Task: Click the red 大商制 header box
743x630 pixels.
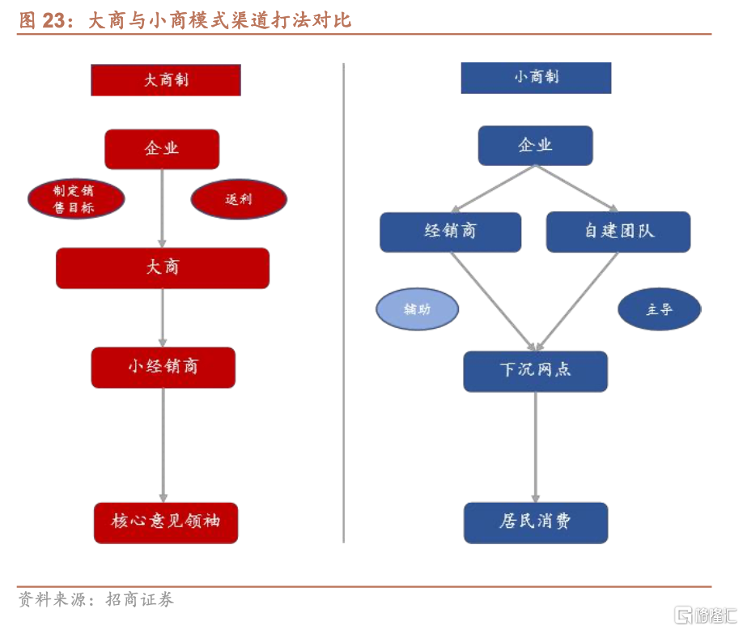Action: click(x=166, y=80)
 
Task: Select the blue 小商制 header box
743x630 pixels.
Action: click(x=536, y=78)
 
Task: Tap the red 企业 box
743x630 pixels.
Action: click(x=162, y=149)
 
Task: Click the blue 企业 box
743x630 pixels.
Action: click(x=535, y=146)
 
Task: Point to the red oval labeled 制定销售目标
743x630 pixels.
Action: click(x=76, y=199)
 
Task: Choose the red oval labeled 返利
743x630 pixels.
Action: click(x=239, y=199)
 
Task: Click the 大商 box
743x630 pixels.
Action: click(x=163, y=268)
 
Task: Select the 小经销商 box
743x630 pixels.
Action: click(x=163, y=367)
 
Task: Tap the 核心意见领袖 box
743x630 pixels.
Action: click(x=166, y=522)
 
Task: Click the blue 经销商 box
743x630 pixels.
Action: click(x=450, y=232)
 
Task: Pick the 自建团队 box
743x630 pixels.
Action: click(x=618, y=232)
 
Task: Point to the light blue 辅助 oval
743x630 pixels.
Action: click(x=417, y=309)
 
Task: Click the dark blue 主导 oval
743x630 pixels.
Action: click(x=659, y=309)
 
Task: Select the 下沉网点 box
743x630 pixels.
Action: click(x=535, y=371)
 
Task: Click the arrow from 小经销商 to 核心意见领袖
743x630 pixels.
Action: click(x=163, y=445)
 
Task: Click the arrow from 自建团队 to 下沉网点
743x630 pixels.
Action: click(x=579, y=300)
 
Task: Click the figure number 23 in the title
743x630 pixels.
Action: click(x=54, y=19)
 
